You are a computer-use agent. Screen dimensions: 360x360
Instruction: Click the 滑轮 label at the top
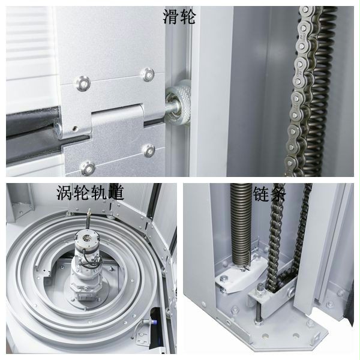click(x=179, y=17)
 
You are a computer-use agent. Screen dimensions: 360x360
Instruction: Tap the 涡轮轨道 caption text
click(x=91, y=193)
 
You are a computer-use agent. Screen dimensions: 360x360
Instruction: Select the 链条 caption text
click(x=269, y=194)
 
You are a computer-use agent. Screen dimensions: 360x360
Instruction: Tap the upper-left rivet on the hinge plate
click(x=83, y=83)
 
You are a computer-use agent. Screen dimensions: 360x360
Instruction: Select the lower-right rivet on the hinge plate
click(x=149, y=151)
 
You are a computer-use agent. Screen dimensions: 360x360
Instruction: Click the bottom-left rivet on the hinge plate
click(x=88, y=169)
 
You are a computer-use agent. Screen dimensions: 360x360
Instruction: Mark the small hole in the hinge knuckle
click(x=74, y=129)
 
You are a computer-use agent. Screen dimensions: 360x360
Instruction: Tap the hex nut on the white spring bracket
click(x=223, y=279)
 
